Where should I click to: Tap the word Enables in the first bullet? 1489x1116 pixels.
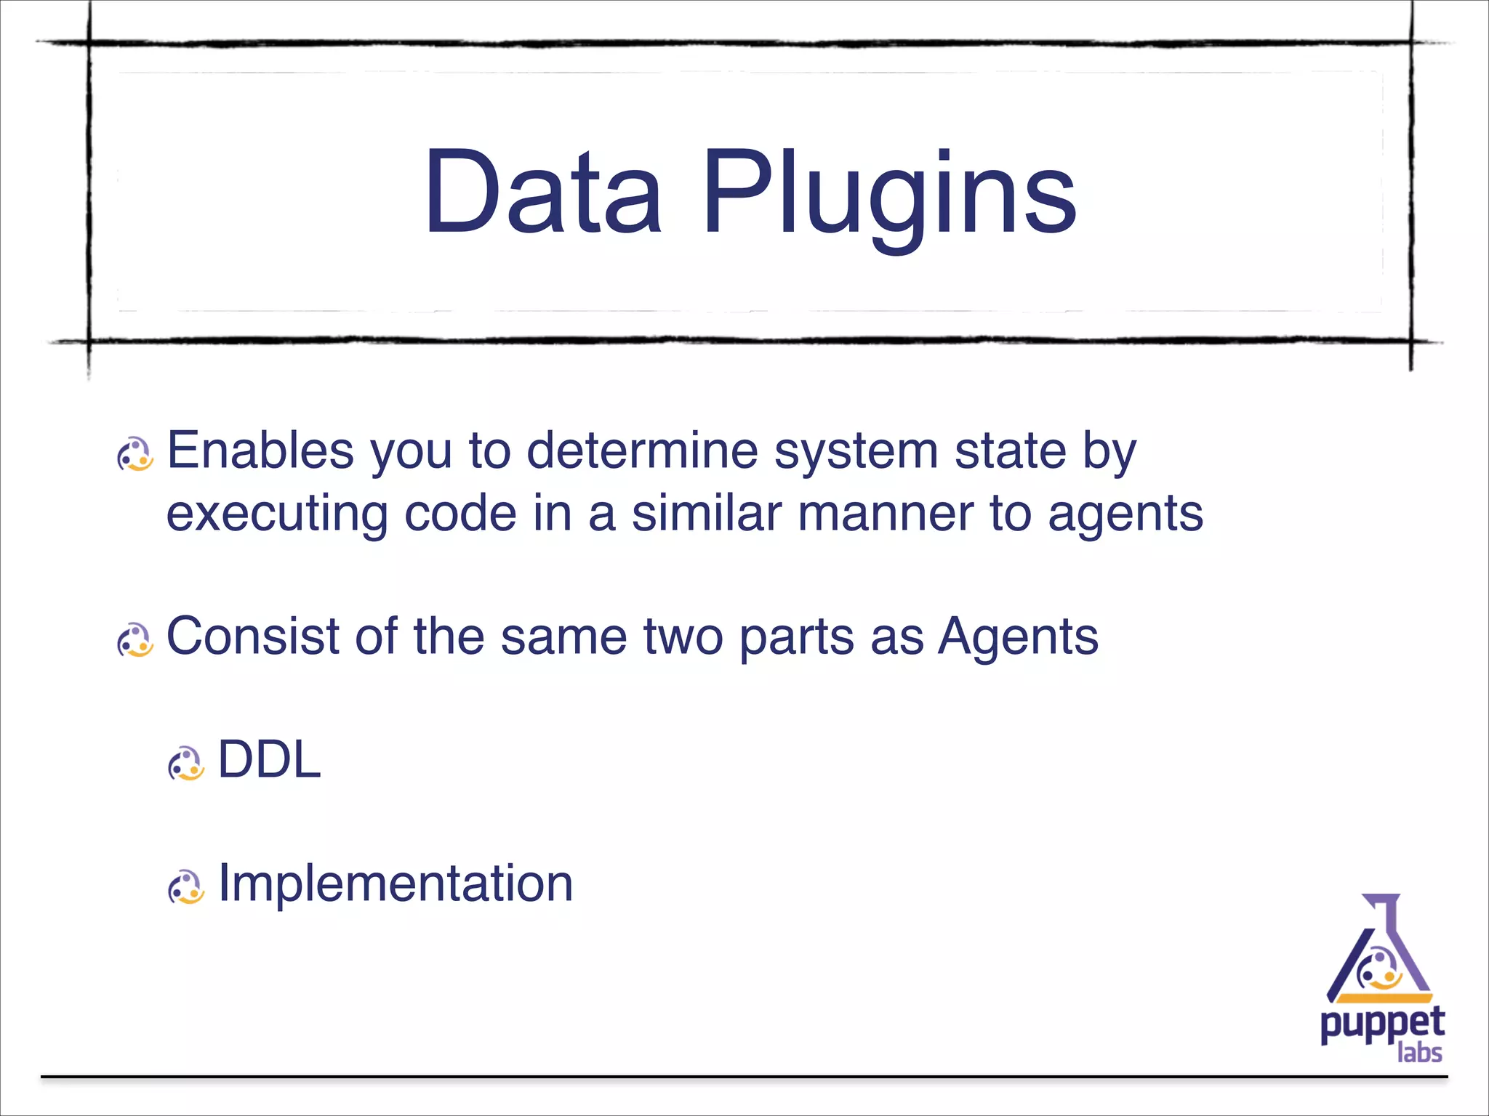coord(260,451)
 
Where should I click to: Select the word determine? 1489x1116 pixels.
coord(642,451)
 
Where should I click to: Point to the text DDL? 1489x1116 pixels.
coord(270,760)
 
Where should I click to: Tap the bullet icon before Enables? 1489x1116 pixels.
coord(135,455)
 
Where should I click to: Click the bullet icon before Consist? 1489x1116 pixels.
coord(135,640)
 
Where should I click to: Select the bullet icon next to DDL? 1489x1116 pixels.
coord(186,764)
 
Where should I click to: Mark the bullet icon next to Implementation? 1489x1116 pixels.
coord(186,887)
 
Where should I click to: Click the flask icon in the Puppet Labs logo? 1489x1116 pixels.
coord(1379,951)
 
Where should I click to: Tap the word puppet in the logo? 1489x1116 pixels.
coord(1381,1025)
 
